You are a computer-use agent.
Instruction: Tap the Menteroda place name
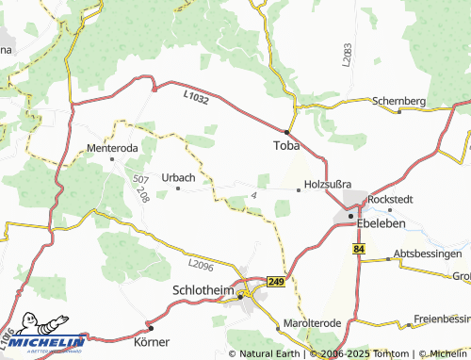[x=112, y=148]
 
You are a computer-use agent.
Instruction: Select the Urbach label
[x=178, y=177]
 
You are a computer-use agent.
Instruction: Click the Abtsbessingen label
[x=429, y=254]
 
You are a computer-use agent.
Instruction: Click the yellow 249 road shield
[x=276, y=281]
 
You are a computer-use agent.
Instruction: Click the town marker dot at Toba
[x=286, y=131]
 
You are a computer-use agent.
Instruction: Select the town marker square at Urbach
[x=178, y=188]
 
